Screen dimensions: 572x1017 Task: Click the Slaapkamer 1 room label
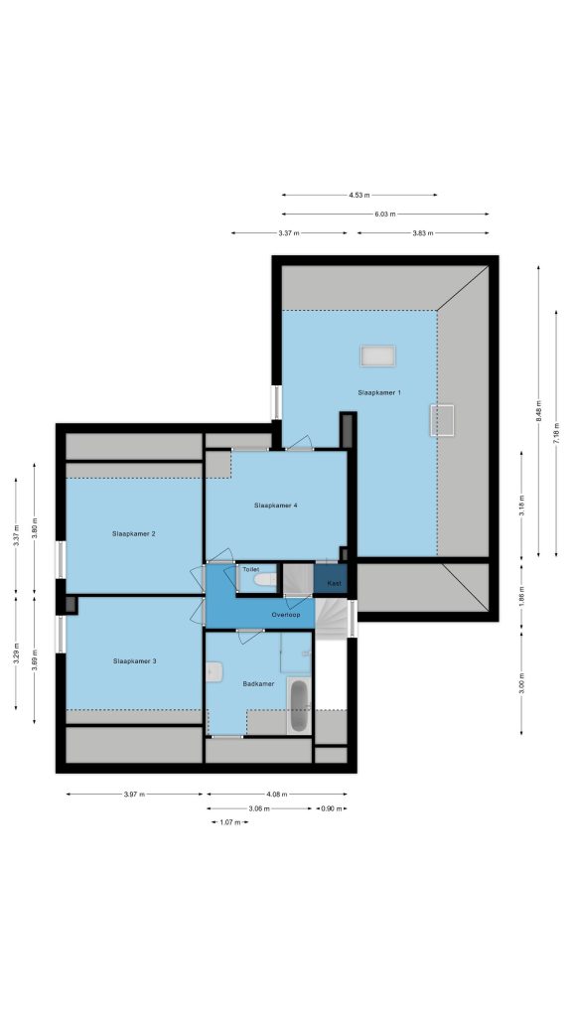click(x=379, y=392)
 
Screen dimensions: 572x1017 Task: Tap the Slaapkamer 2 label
click(x=134, y=533)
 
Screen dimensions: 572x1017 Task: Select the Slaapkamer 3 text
click(x=135, y=660)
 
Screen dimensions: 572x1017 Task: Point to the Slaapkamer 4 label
click(x=276, y=505)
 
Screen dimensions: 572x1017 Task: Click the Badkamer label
click(x=258, y=683)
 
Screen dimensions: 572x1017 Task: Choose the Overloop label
click(x=285, y=614)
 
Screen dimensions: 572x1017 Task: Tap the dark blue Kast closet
click(x=331, y=579)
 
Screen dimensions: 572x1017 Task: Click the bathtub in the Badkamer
click(x=299, y=706)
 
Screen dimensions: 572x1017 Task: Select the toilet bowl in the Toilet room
click(x=265, y=580)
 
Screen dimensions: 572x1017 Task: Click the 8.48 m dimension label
click(x=538, y=410)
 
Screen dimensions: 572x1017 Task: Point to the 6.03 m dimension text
click(x=385, y=214)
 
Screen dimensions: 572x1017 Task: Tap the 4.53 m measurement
click(x=359, y=195)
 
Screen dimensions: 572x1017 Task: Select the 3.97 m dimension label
click(x=134, y=794)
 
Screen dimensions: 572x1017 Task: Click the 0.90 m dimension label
click(x=332, y=808)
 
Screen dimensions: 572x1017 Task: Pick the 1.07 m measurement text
click(x=229, y=822)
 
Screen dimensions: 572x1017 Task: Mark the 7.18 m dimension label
click(x=556, y=433)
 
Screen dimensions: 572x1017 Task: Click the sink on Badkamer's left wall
click(x=214, y=672)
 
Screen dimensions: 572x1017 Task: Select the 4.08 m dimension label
click(x=276, y=794)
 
